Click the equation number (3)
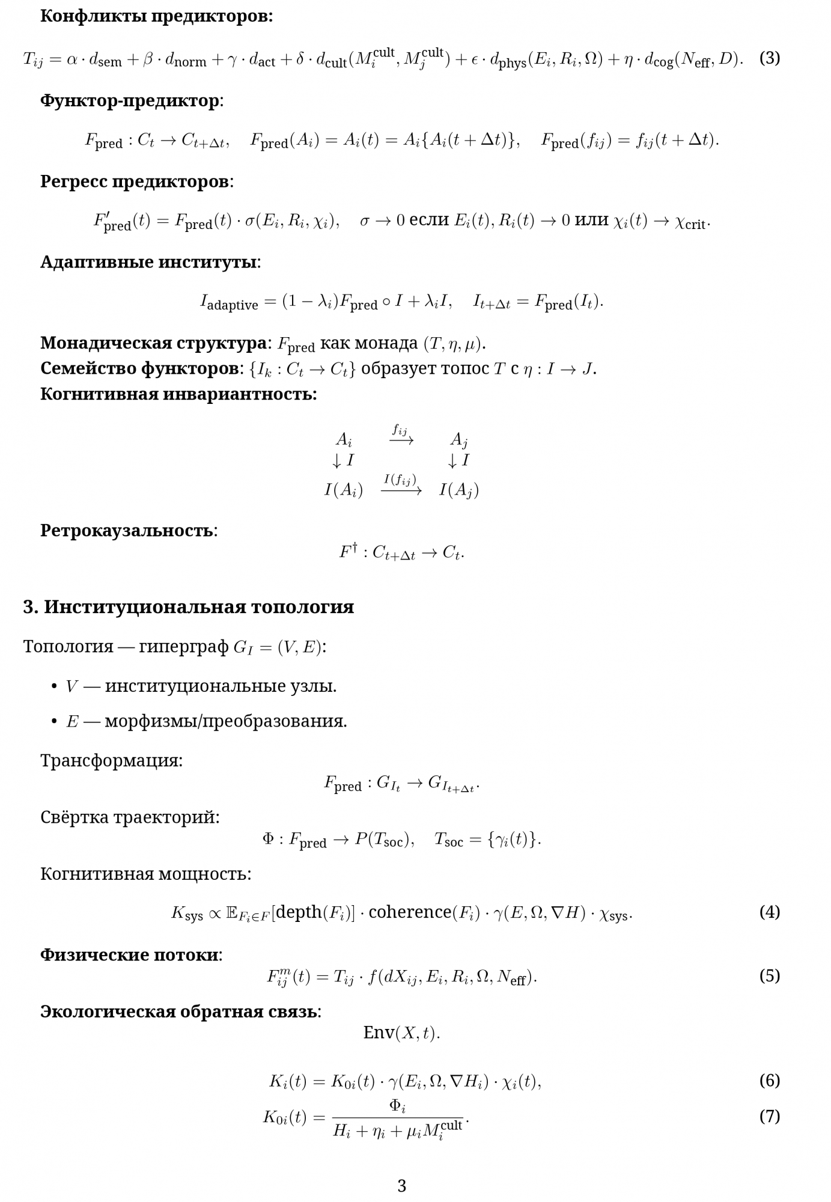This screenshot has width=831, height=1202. click(769, 58)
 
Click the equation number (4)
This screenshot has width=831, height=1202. click(769, 912)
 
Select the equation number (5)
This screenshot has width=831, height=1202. click(769, 975)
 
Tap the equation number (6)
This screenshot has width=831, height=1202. click(769, 1080)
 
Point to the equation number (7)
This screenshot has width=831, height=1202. click(769, 1116)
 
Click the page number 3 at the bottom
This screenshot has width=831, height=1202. click(402, 1186)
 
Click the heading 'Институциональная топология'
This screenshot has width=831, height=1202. click(198, 607)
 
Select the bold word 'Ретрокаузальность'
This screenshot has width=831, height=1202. click(127, 531)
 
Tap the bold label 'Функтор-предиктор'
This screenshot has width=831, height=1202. click(130, 100)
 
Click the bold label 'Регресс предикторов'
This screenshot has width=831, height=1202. click(135, 181)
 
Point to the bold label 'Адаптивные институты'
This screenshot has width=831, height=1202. click(148, 262)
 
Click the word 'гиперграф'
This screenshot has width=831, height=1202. click(183, 647)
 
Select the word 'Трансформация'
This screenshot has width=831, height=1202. click(111, 760)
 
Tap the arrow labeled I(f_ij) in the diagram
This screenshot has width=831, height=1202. click(401, 490)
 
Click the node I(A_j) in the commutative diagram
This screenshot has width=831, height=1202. click(458, 490)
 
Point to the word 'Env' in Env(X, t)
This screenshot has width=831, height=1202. click(379, 1033)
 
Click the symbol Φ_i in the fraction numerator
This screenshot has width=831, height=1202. click(397, 1105)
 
